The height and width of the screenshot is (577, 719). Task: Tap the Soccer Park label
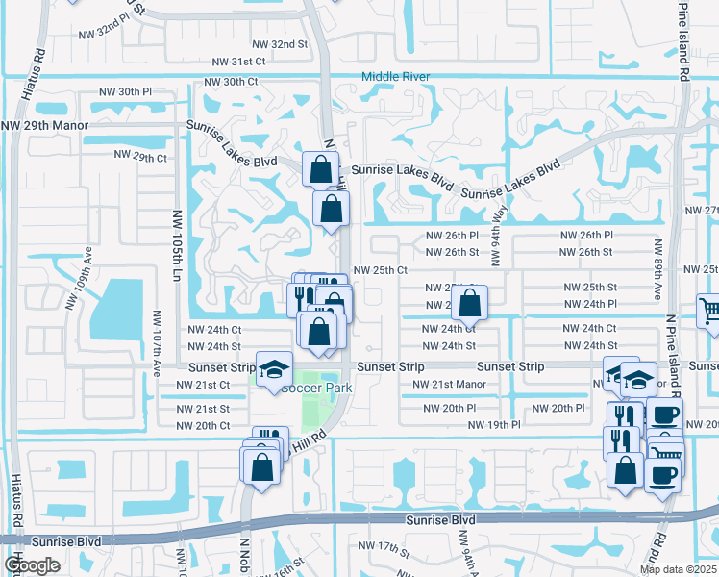tap(316, 388)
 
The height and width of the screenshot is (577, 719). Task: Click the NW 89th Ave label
tap(658, 269)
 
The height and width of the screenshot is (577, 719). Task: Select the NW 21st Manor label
tap(449, 385)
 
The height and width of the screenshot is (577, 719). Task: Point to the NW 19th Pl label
tap(494, 424)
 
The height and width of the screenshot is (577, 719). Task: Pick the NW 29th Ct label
tap(140, 157)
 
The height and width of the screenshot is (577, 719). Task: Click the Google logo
tap(32, 565)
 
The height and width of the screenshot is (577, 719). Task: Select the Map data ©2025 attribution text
tap(677, 569)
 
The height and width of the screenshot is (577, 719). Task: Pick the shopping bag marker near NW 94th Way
tap(469, 304)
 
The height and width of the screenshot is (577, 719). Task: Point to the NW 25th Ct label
tap(382, 271)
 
